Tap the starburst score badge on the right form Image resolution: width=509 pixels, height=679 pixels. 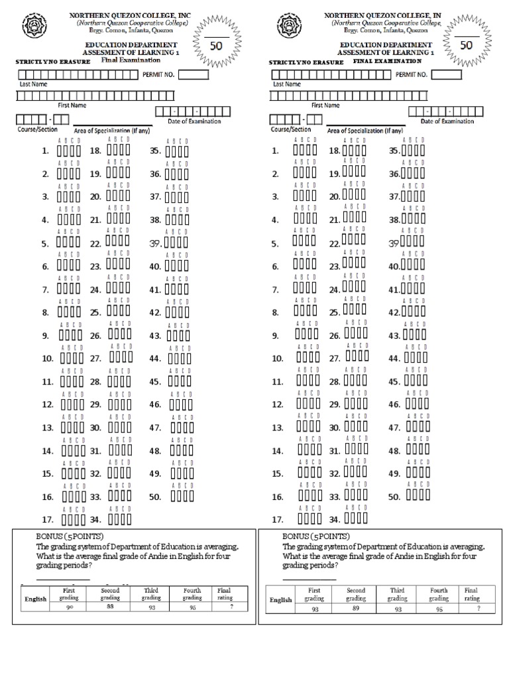[x=466, y=44]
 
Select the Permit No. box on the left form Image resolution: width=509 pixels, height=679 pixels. [x=194, y=75]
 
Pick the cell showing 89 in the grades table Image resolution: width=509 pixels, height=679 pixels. [x=355, y=609]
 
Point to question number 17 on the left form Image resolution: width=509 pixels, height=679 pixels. [x=47, y=520]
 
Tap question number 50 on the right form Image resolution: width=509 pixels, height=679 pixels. [x=394, y=497]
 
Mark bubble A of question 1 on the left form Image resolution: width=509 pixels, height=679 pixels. [x=60, y=152]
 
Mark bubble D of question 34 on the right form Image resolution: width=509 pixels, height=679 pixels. [x=364, y=519]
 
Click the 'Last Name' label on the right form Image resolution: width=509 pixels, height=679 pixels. [x=286, y=85]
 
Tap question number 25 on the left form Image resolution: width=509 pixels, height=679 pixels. [x=95, y=312]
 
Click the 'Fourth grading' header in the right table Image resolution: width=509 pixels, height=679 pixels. [x=439, y=593]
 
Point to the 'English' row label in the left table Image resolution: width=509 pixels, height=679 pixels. [x=36, y=599]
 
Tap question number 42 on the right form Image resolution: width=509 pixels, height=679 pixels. [x=394, y=312]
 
